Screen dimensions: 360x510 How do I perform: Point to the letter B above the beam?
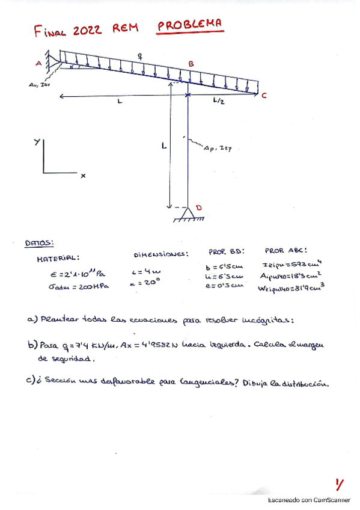(x=191, y=64)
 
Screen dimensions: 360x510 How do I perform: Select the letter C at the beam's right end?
(x=263, y=95)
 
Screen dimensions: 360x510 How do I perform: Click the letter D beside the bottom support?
(x=199, y=208)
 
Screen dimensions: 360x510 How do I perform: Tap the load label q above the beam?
(x=140, y=56)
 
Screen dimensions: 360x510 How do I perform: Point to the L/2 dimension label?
(x=219, y=102)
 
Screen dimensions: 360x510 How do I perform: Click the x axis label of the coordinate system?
(x=83, y=176)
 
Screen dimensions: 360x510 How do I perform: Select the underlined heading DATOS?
(x=39, y=244)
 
